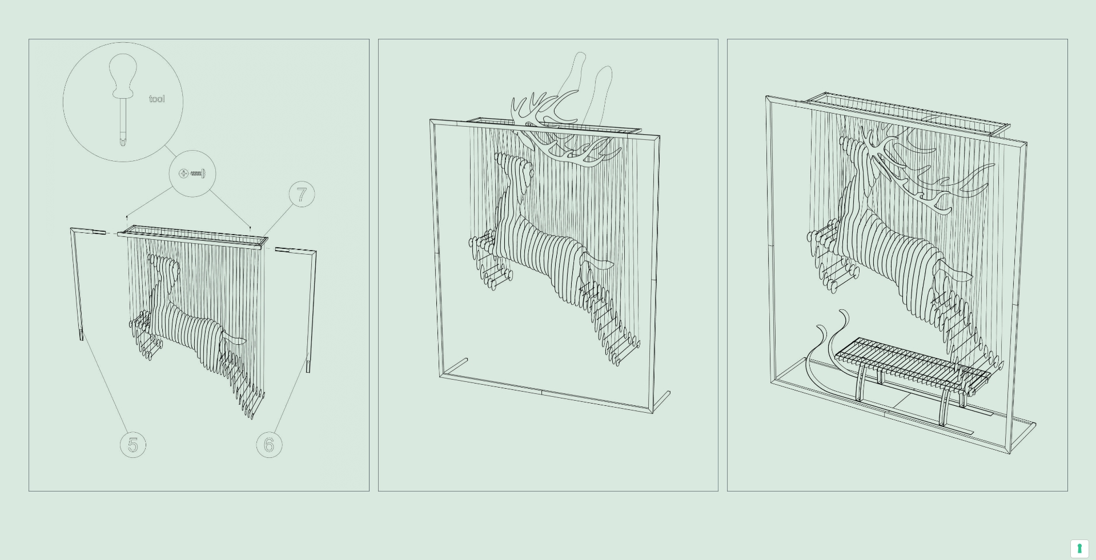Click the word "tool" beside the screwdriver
pyautogui.click(x=157, y=99)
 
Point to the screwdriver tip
pyautogui.click(x=123, y=140)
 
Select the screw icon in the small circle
pyautogui.click(x=192, y=174)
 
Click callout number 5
pyautogui.click(x=133, y=445)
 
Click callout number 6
pyautogui.click(x=269, y=445)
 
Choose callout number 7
pyautogui.click(x=302, y=195)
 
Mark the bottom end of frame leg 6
pyautogui.click(x=308, y=368)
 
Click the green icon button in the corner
pyautogui.click(x=1079, y=549)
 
